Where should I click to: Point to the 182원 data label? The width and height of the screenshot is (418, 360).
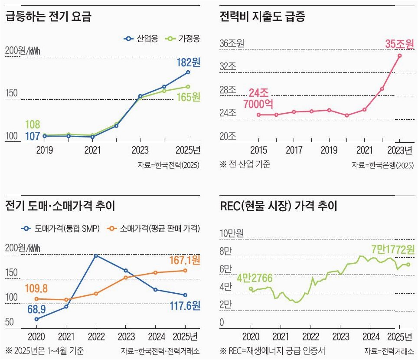188,62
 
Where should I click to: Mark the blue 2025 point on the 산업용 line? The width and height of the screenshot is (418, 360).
188,72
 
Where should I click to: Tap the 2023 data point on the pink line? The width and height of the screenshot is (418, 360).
399,56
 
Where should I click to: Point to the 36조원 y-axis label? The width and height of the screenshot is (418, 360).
232,44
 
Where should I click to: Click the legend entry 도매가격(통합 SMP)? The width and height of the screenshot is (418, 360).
60,229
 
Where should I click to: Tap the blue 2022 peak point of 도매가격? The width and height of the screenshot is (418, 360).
95,255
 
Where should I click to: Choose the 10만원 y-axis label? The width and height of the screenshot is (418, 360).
232,233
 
